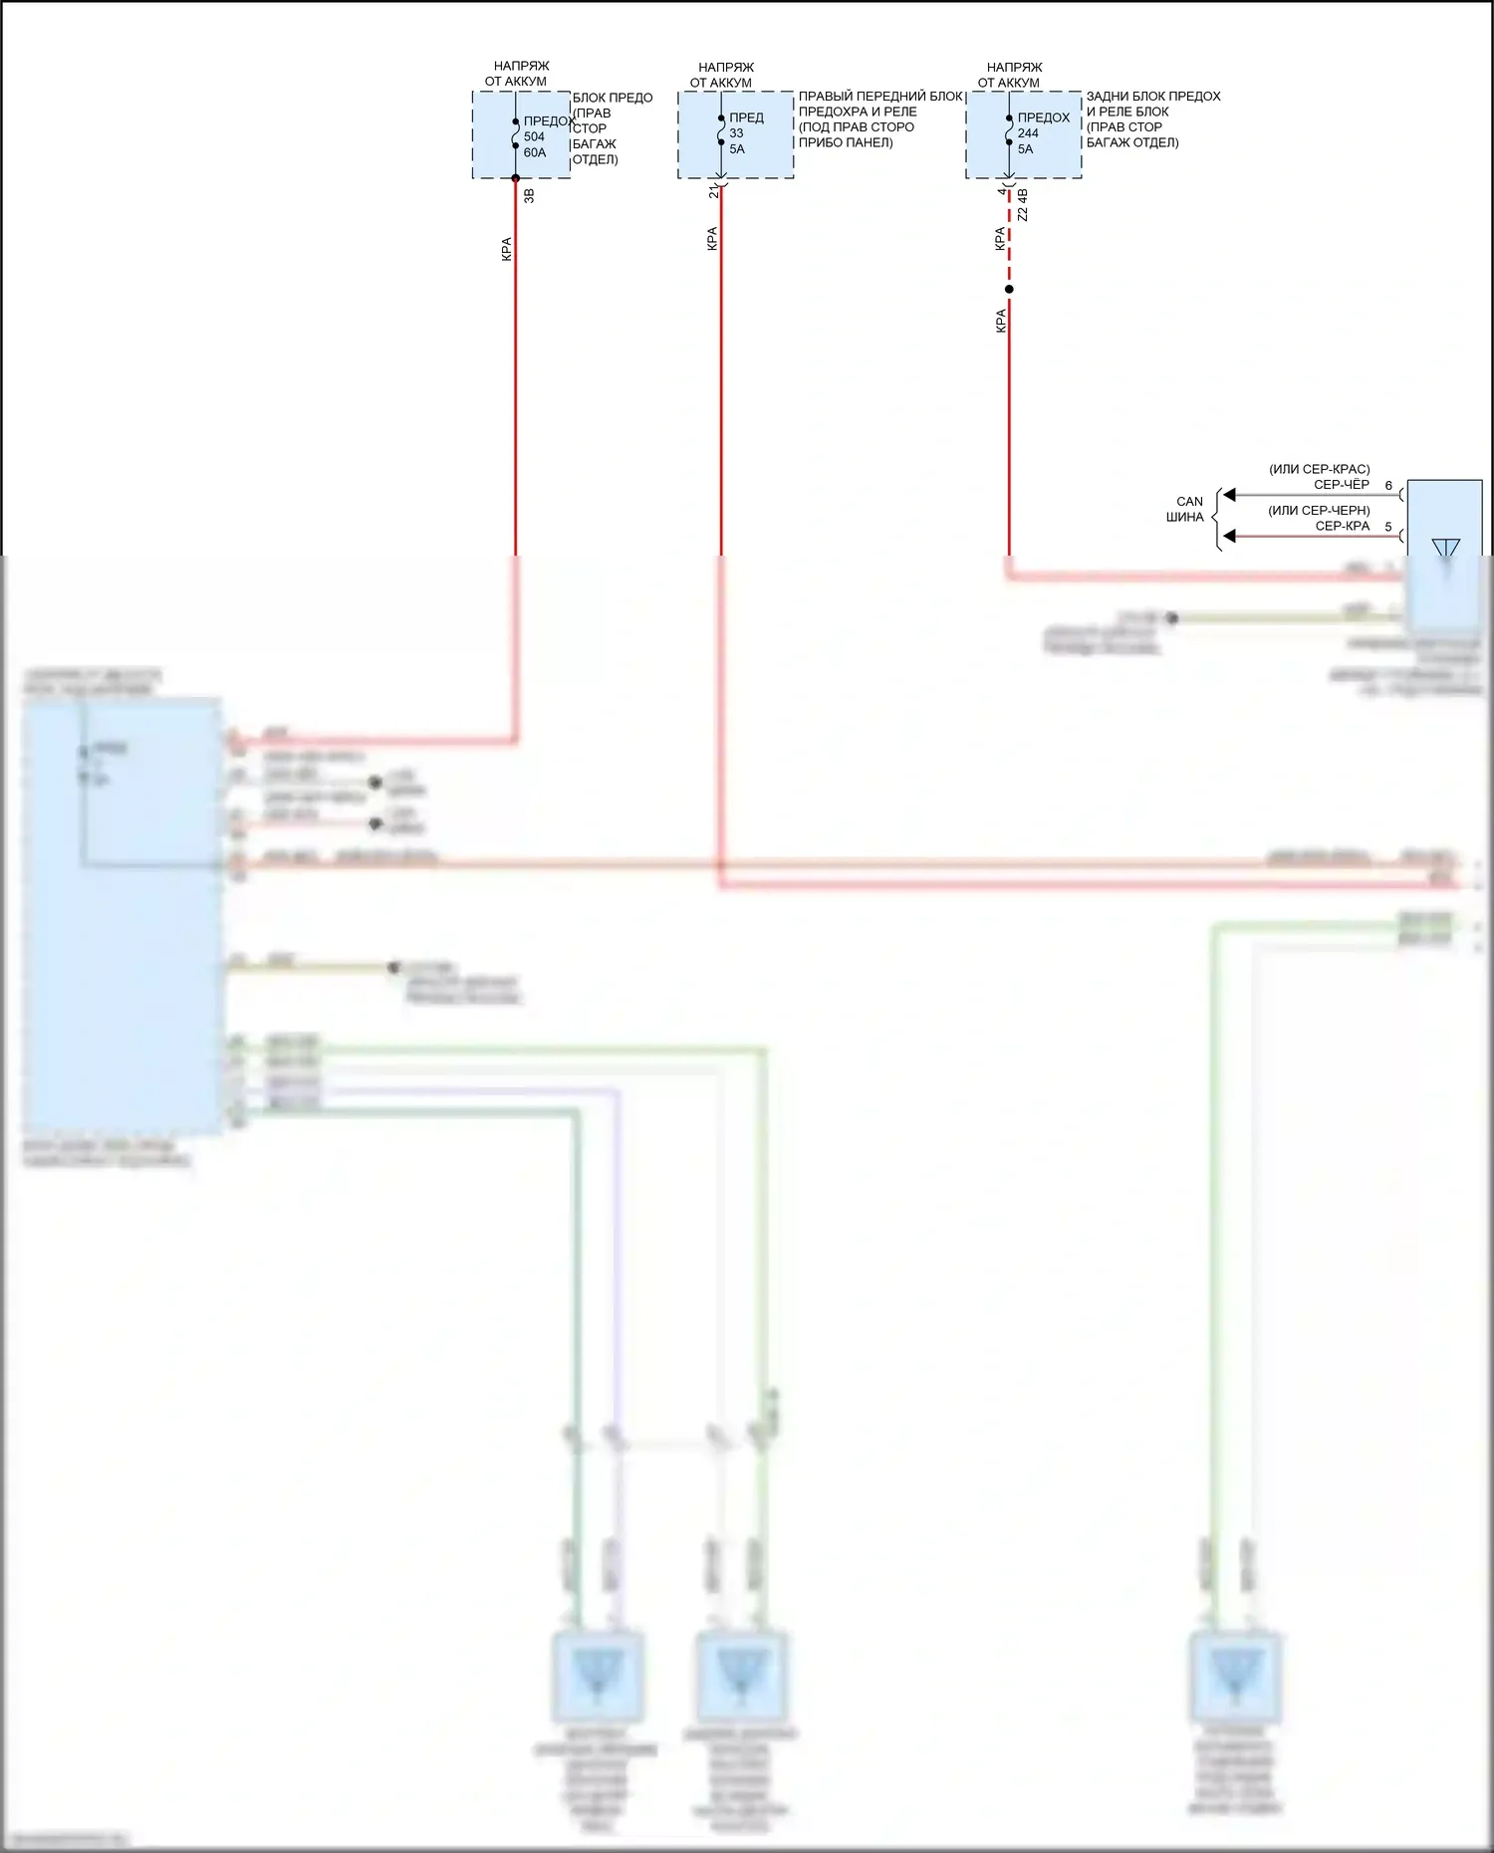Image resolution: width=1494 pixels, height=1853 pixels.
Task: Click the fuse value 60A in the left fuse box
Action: click(x=535, y=152)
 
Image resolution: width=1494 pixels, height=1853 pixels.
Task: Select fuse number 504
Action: click(x=534, y=136)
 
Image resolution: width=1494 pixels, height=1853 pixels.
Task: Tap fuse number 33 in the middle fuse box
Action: click(x=736, y=132)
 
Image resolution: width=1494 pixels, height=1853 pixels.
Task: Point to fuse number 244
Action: click(x=1028, y=132)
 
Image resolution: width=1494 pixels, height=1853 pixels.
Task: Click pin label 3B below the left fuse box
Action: click(x=529, y=195)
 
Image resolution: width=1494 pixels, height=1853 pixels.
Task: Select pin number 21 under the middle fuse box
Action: click(x=713, y=191)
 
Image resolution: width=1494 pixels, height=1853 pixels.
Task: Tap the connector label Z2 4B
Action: click(x=1023, y=204)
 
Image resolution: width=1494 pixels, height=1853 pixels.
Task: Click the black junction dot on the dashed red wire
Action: click(x=1009, y=290)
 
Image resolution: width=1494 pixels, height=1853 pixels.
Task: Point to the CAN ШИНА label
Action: click(x=1187, y=509)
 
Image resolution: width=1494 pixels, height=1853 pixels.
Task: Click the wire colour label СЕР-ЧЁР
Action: click(x=1341, y=485)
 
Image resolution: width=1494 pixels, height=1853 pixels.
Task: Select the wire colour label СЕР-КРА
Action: click(x=1342, y=526)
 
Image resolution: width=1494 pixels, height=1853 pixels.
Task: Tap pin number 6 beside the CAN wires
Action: click(x=1388, y=486)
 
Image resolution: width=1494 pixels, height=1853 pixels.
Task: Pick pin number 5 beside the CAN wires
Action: click(x=1388, y=527)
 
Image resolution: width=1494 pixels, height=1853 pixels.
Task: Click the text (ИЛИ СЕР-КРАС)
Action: click(x=1319, y=469)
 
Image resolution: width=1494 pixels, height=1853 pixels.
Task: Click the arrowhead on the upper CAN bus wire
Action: click(x=1230, y=495)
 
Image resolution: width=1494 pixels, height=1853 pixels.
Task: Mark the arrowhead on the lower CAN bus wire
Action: click(x=1230, y=536)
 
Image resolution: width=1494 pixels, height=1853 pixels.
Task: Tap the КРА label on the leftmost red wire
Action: click(x=506, y=249)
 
